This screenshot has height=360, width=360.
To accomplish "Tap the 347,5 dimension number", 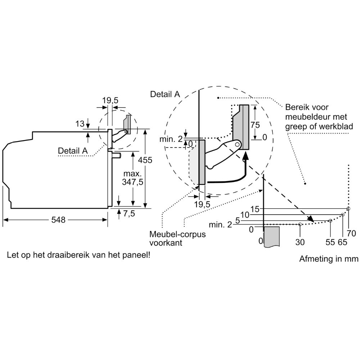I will coord(133,183).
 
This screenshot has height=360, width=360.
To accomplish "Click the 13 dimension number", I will coord(80,124).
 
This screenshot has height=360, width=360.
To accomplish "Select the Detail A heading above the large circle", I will coord(165,94).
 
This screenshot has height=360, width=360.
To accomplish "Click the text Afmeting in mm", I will coord(329,259).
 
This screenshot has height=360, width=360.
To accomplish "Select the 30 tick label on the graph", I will coord(300,242).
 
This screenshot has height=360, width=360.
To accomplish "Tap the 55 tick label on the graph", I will coord(330,242).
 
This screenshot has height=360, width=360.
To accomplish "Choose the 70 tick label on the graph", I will coord(351,232).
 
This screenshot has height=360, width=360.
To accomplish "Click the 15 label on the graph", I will coord(255,209).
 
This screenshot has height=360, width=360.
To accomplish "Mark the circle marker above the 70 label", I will coord(348,209).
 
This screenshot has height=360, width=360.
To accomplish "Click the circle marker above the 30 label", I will coord(300,224).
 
